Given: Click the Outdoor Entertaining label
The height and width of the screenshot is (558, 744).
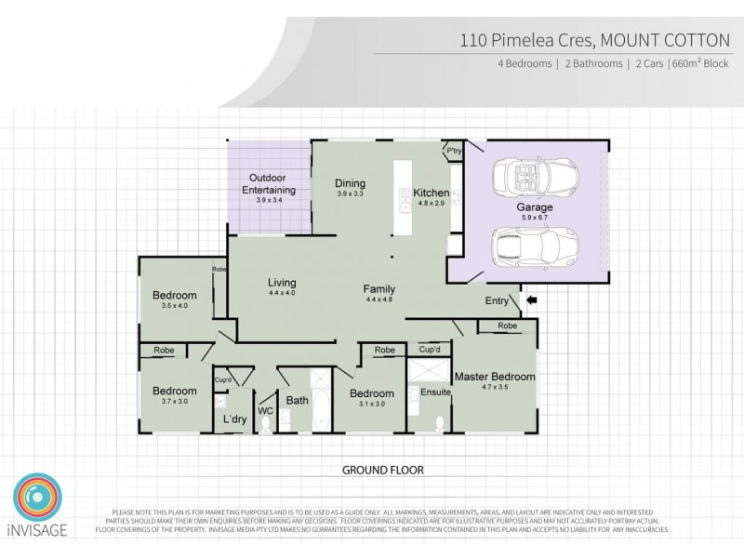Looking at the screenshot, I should (x=269, y=183).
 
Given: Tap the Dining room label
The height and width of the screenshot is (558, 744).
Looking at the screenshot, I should (x=350, y=183).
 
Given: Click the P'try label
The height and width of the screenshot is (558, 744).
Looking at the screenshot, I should (x=454, y=150).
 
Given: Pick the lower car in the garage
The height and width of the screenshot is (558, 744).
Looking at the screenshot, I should (x=526, y=247).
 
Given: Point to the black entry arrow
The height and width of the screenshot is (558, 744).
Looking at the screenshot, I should (x=533, y=300).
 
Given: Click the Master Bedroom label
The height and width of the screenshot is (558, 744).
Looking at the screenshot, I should (x=494, y=377).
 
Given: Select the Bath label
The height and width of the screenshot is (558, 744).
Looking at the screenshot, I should (x=297, y=401).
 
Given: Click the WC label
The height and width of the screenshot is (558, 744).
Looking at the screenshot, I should (x=264, y=409).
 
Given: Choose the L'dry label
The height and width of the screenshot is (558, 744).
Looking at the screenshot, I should (x=233, y=418).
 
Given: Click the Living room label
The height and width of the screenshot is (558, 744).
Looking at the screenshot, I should (x=282, y=283).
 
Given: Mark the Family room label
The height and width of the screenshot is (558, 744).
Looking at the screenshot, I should (x=379, y=288).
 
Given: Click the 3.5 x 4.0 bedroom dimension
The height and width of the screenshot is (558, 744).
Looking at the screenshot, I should (x=175, y=305).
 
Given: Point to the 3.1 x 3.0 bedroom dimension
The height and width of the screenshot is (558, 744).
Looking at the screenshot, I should (x=372, y=405).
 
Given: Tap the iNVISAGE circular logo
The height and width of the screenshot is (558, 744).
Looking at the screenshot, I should (x=36, y=499).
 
